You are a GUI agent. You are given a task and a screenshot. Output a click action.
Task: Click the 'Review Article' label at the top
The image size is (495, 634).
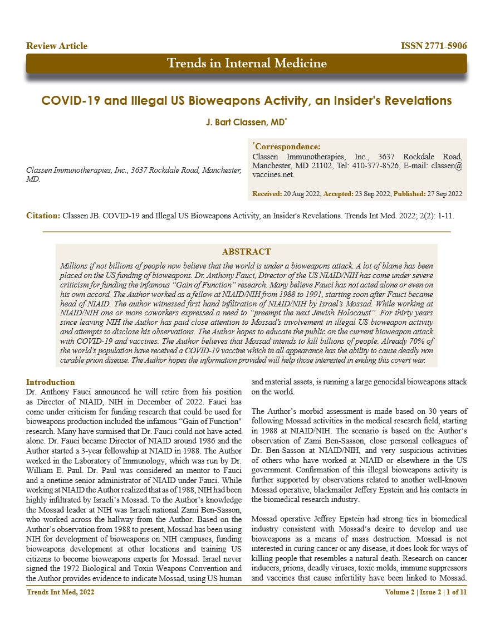pyautogui.click(x=57, y=46)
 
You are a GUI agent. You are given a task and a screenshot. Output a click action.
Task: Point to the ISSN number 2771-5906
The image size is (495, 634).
pyautogui.click(x=434, y=46)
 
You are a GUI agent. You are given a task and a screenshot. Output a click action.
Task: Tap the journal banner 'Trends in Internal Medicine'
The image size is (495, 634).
pyautogui.click(x=247, y=63)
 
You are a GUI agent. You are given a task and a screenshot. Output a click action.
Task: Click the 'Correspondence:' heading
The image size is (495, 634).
pyautogui.click(x=287, y=147)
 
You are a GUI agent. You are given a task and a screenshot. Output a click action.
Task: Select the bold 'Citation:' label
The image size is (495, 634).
pyautogui.click(x=43, y=215)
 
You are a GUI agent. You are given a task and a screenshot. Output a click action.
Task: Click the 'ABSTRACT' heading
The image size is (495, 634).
pyautogui.click(x=246, y=252)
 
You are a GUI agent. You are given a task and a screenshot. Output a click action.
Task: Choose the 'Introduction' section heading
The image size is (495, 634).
pyautogui.click(x=51, y=382)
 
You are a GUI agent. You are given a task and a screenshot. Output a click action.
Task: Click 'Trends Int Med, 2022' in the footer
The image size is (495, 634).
pyautogui.click(x=61, y=592)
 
